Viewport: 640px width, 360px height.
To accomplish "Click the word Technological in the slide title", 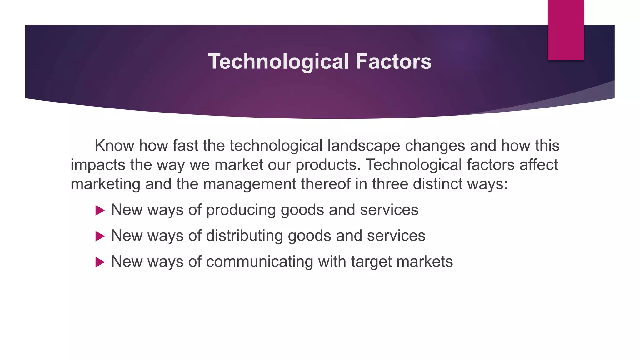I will tap(278, 62).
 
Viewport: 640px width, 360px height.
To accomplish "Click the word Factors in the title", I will tap(393, 62).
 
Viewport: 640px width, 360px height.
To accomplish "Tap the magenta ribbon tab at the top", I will tap(566, 30).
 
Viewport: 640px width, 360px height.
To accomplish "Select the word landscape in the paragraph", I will tap(364, 146).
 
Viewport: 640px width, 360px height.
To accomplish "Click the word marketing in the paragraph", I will tap(105, 184).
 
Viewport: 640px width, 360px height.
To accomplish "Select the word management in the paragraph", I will tap(249, 184).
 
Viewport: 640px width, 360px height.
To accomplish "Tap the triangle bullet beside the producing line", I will tap(100, 210).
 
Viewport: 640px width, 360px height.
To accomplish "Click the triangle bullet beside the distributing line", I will tap(100, 236).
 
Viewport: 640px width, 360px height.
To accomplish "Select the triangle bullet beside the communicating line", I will tap(100, 262).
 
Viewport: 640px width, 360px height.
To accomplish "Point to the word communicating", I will tap(259, 262).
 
